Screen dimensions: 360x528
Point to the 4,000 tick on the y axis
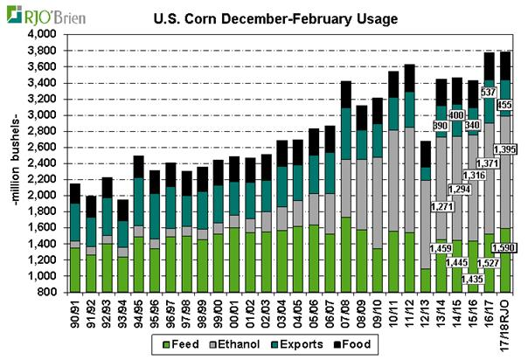[43, 33]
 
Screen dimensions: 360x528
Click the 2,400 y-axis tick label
[43, 163]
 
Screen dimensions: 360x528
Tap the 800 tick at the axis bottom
[48, 293]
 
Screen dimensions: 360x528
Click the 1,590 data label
[506, 249]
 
